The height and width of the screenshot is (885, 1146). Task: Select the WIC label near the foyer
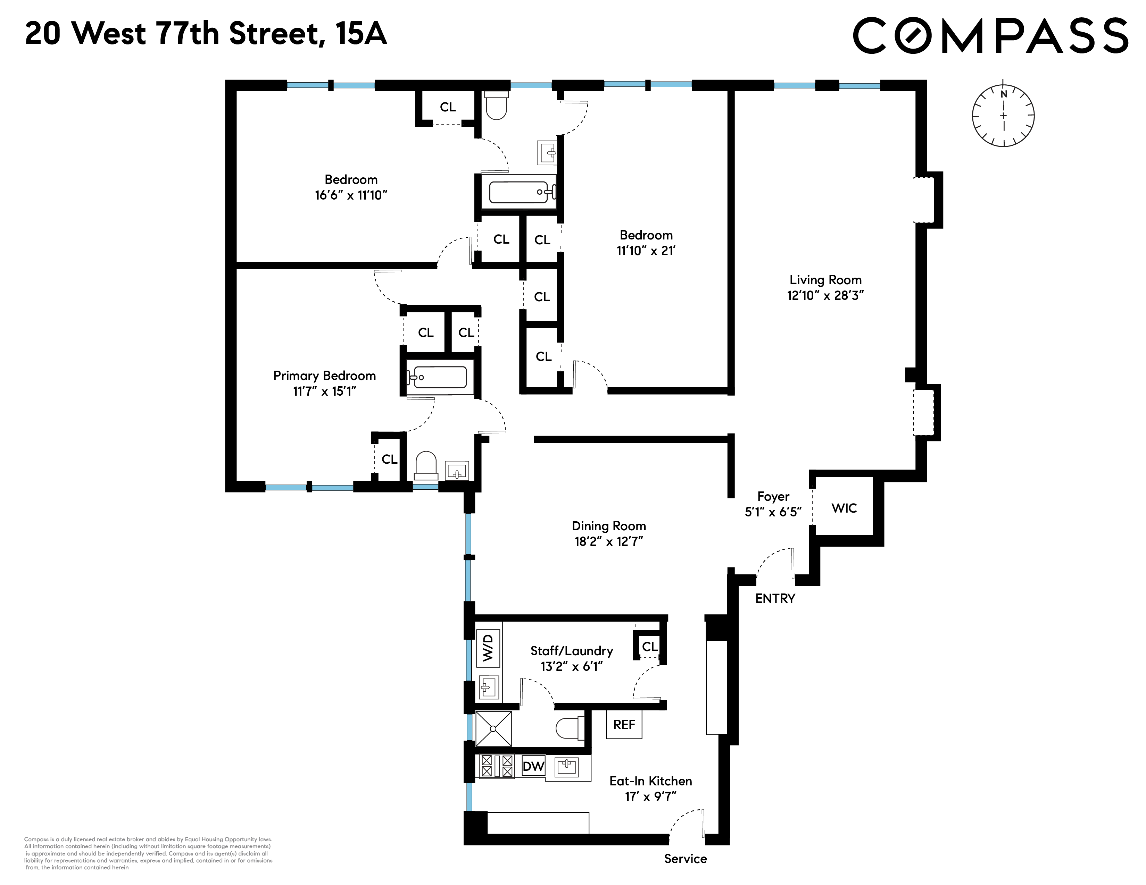click(x=844, y=508)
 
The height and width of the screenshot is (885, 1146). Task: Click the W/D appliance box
click(x=488, y=648)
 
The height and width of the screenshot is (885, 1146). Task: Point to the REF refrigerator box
click(x=624, y=725)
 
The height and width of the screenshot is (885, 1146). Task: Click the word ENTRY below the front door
click(x=775, y=598)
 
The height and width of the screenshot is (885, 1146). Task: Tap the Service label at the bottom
click(x=685, y=859)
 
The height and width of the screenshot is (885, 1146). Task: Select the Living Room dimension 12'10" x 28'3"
click(x=825, y=296)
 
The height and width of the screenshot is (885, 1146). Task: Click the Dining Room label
click(x=609, y=526)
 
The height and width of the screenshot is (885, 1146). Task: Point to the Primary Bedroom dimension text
click(x=324, y=391)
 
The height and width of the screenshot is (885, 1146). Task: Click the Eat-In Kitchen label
click(x=651, y=781)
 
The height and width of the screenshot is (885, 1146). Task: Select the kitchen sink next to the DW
click(x=567, y=767)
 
